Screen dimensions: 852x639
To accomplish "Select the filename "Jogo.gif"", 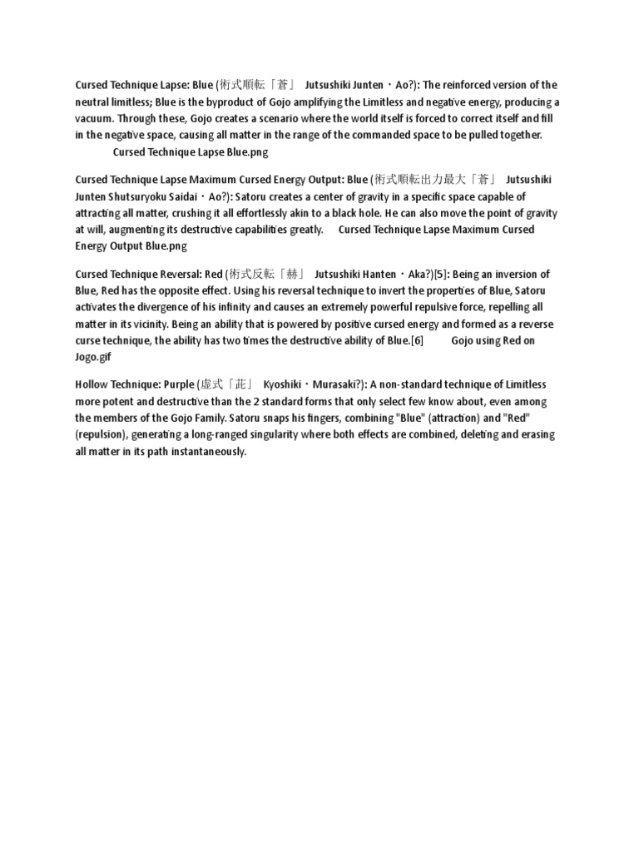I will point(92,357).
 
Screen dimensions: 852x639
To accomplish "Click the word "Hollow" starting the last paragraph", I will point(92,385).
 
